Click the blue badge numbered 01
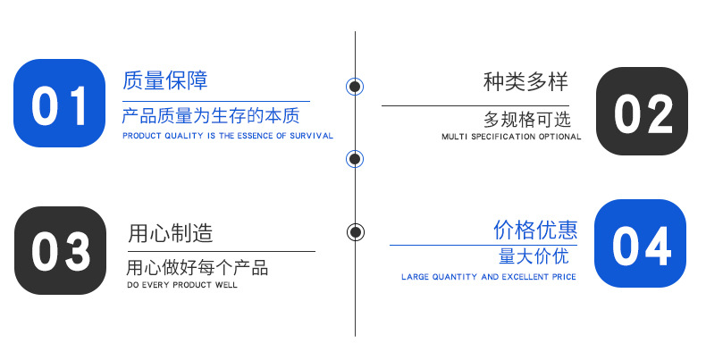point(60,103)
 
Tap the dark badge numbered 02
point(642,112)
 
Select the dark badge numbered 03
point(61,251)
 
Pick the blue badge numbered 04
point(640,244)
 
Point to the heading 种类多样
point(525,82)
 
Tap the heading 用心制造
point(171,234)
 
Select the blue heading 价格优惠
point(535,230)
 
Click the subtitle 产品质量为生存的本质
point(211,116)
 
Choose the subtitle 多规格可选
point(526,119)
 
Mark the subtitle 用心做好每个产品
point(197,268)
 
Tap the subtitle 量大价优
point(534,257)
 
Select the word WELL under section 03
point(228,285)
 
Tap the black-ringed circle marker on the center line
point(356,232)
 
